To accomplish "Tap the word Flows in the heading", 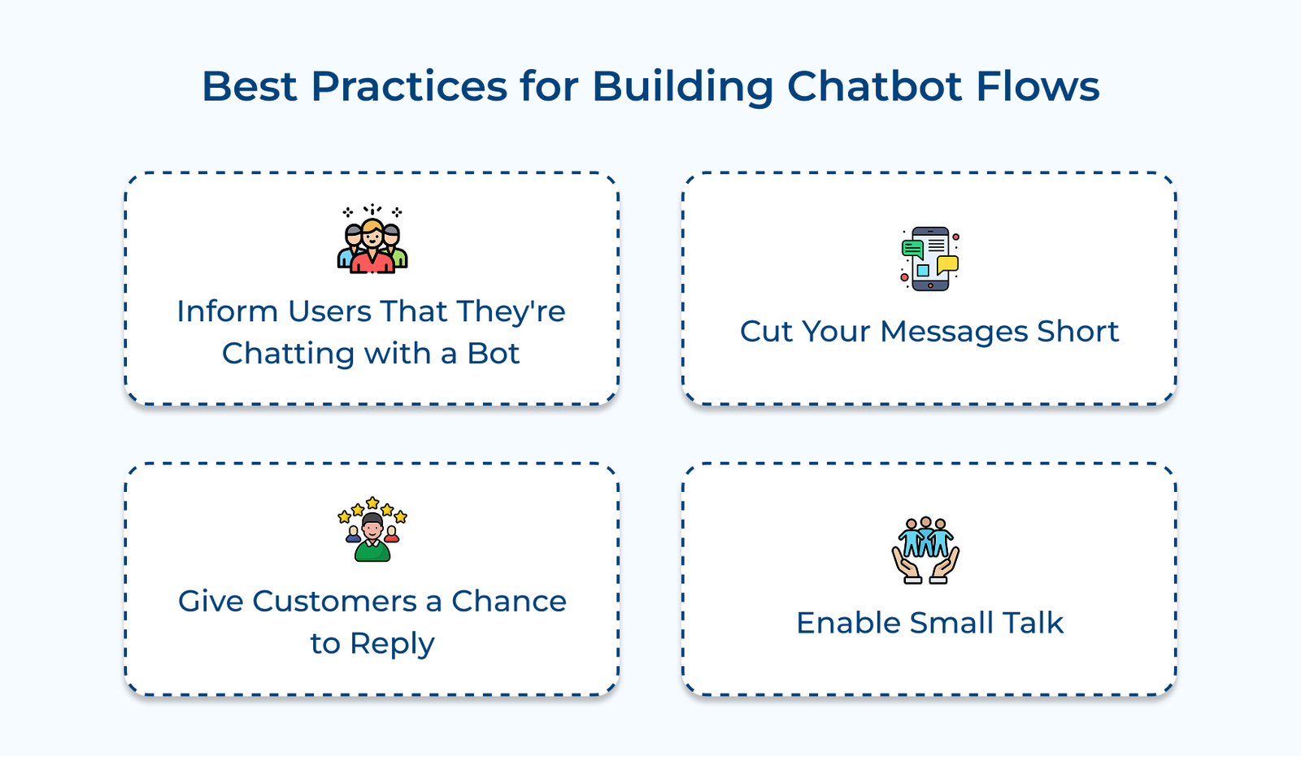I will (x=1038, y=86).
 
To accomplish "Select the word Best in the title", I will (x=249, y=86).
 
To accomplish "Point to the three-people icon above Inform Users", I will (x=372, y=241).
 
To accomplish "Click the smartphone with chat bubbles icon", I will (x=929, y=259).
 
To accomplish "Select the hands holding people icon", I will (x=925, y=550).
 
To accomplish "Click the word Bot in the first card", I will (x=493, y=354).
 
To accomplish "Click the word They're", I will (x=511, y=312).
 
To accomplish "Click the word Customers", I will (x=334, y=602).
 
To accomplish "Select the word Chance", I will (x=509, y=602).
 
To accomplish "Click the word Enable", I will (x=848, y=624).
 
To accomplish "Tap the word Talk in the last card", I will (x=1033, y=624).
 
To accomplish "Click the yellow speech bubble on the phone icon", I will (x=947, y=264).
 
